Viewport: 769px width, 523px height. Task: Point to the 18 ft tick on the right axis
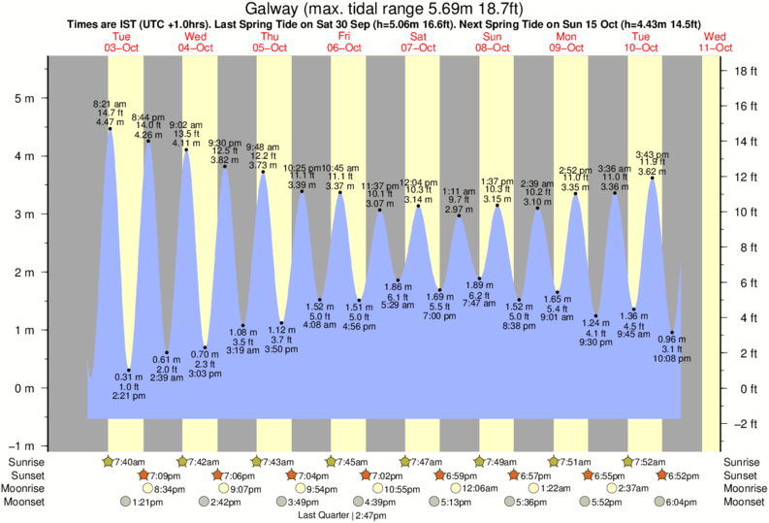745,71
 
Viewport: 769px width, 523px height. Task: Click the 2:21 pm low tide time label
128,396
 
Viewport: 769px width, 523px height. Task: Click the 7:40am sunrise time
130,462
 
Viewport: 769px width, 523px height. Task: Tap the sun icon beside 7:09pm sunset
144,475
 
